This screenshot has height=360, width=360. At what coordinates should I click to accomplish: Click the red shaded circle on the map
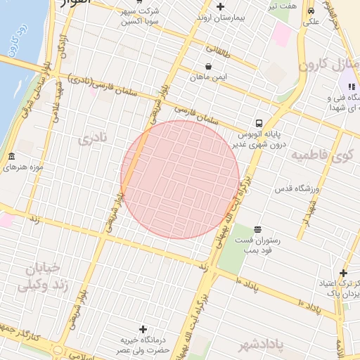click(x=180, y=179)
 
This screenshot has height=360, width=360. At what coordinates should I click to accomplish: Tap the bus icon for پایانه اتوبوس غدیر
click(x=259, y=122)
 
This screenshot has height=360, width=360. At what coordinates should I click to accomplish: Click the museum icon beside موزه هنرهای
click(x=11, y=156)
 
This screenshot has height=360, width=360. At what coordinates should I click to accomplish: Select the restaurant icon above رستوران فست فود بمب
click(x=258, y=229)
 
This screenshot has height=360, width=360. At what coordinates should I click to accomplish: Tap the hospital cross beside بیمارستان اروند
click(x=221, y=6)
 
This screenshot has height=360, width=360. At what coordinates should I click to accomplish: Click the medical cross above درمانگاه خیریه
click(x=143, y=329)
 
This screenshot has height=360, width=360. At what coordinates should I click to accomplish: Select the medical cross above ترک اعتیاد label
click(x=343, y=273)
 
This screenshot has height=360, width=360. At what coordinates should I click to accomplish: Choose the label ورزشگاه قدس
click(x=281, y=189)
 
